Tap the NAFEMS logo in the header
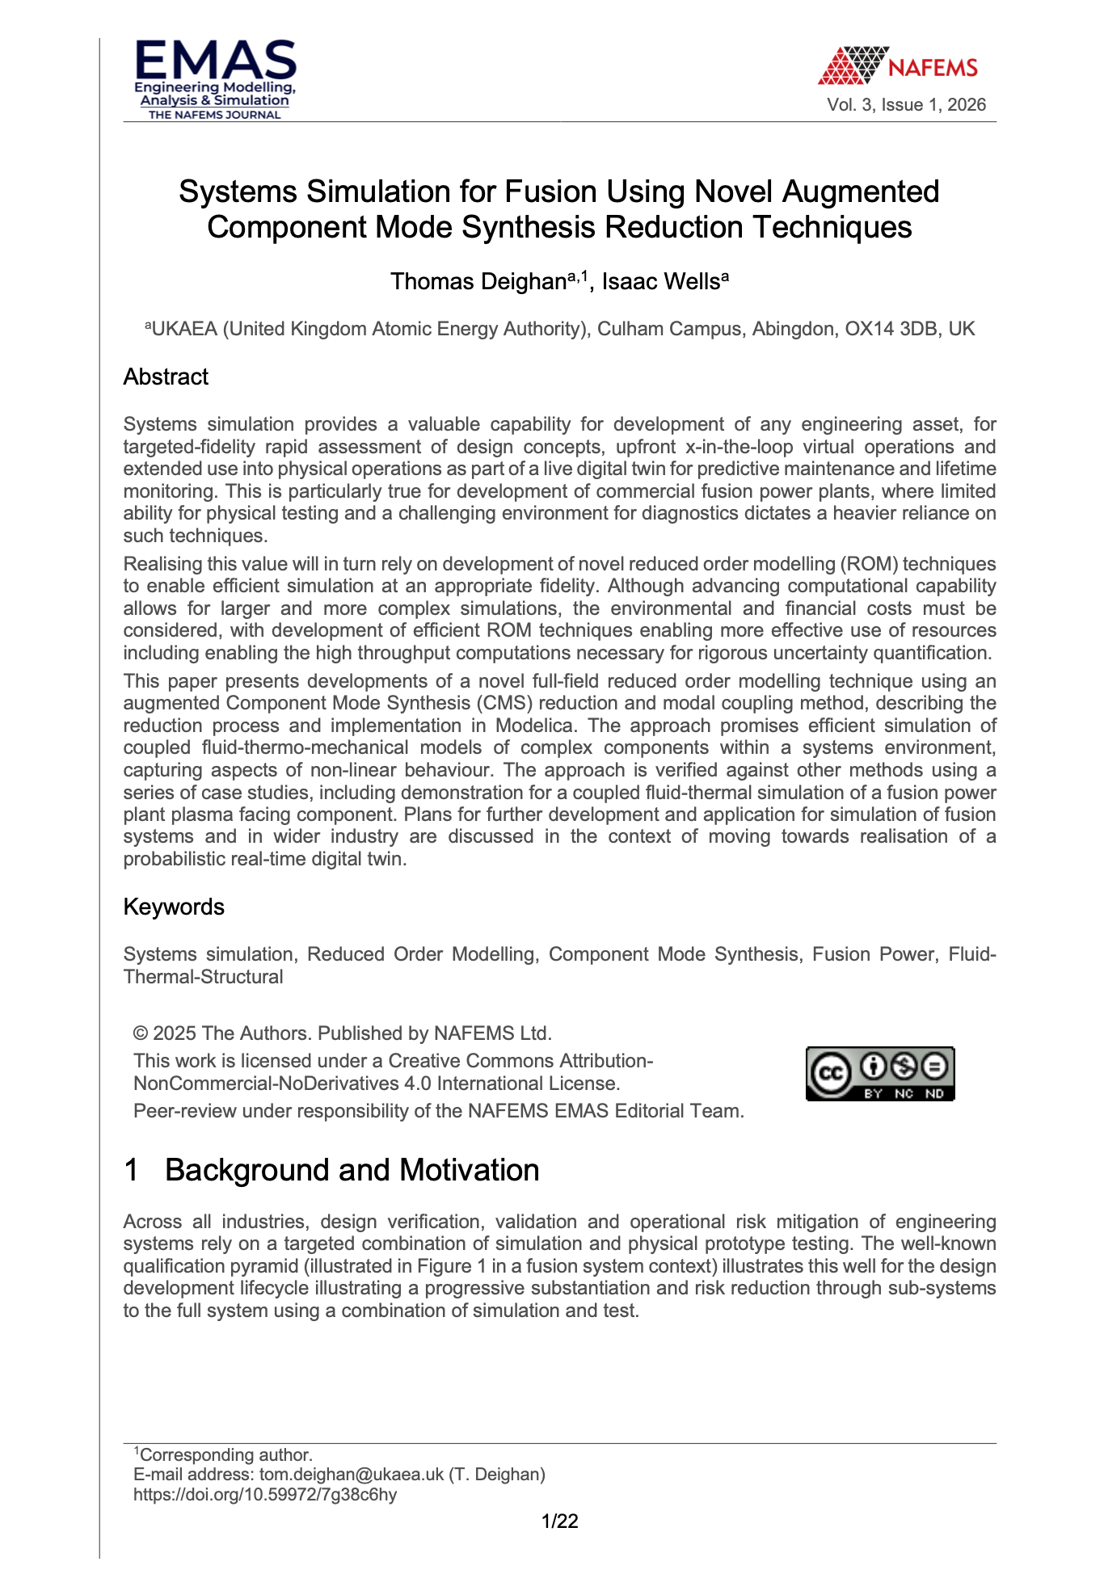pyautogui.click(x=897, y=65)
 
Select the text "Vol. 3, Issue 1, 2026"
pyautogui.click(x=906, y=105)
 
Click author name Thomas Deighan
pyautogui.click(x=478, y=282)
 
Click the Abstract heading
pyautogui.click(x=166, y=377)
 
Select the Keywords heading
pyautogui.click(x=174, y=907)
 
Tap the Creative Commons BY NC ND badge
pyautogui.click(x=880, y=1074)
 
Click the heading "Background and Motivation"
pyautogui.click(x=352, y=1171)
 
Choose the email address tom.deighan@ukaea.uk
pyautogui.click(x=352, y=1475)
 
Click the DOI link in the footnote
pyautogui.click(x=265, y=1495)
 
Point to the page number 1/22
pyautogui.click(x=559, y=1521)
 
